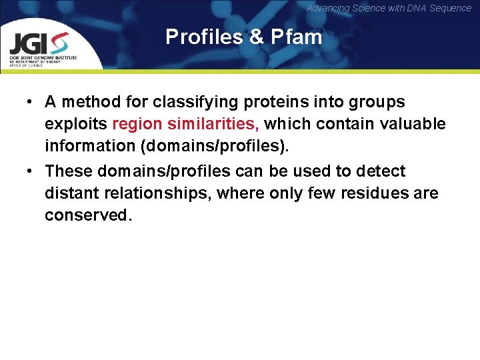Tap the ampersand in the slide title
257,37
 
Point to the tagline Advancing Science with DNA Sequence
389,8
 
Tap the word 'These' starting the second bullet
69,171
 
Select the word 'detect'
380,171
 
